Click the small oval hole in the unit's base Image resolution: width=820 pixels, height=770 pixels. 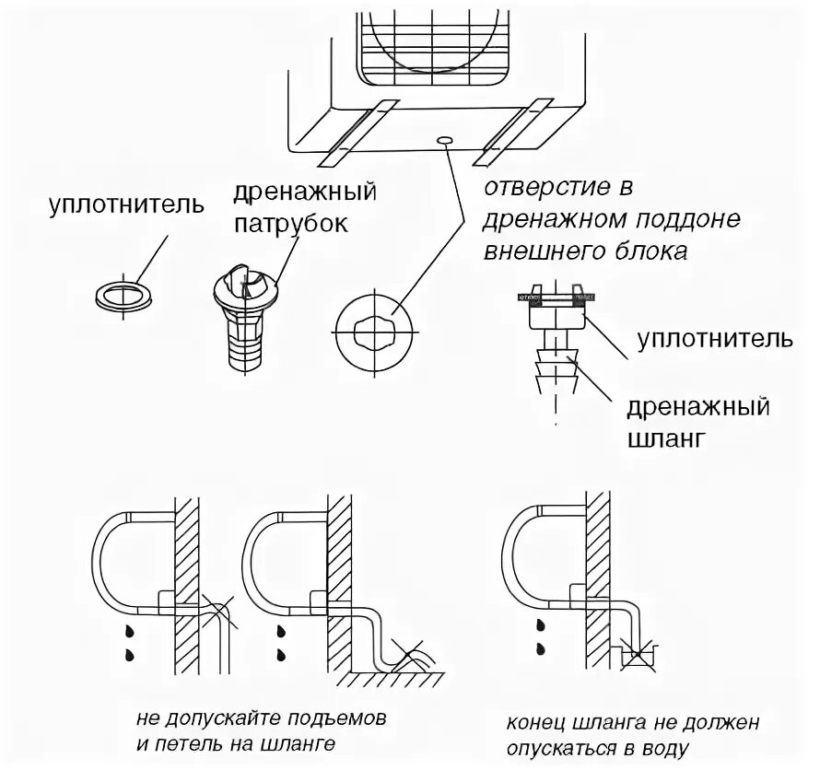pos(446,139)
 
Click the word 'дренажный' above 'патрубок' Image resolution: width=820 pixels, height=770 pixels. pos(305,193)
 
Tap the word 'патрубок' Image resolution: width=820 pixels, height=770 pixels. pos(290,224)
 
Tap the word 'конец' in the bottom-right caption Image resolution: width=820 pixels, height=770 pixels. pos(533,722)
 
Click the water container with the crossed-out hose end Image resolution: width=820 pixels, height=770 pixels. pos(635,657)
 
